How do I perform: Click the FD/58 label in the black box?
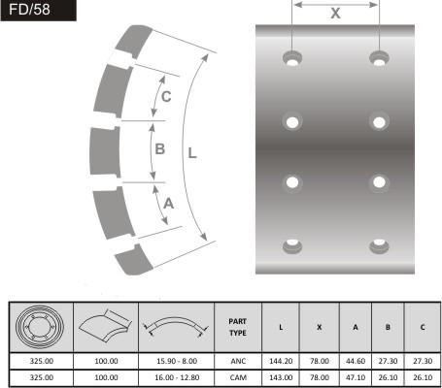click(29, 10)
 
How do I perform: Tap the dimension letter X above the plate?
click(335, 14)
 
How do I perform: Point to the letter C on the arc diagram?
click(166, 96)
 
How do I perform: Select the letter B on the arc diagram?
click(160, 149)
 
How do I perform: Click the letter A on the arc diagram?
click(169, 204)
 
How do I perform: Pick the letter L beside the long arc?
click(192, 153)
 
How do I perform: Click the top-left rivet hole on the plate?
click(292, 59)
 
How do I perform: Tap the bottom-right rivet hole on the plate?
click(379, 246)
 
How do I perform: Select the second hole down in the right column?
click(379, 122)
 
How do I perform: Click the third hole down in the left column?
click(292, 182)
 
